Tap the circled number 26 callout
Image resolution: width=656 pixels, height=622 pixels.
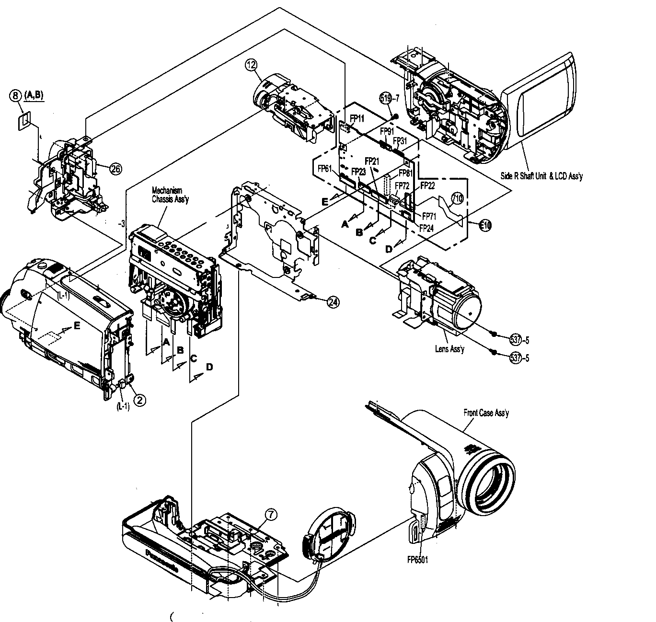(115, 168)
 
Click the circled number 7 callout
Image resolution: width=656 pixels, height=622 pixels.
(271, 515)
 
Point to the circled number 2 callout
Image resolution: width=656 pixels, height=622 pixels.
(139, 399)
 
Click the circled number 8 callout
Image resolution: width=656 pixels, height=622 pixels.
(15, 95)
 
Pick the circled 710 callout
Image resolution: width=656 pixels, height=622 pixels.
(457, 198)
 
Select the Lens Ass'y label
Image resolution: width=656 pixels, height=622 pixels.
(449, 349)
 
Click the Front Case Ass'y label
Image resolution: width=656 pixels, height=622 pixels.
(486, 413)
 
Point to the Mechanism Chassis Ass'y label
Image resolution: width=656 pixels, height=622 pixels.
(170, 195)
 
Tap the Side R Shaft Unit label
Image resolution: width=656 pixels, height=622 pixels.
(541, 176)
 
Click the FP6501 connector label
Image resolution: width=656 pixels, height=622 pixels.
(417, 559)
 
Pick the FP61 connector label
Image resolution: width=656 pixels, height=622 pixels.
(325, 168)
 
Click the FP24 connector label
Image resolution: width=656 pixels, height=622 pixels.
(426, 229)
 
